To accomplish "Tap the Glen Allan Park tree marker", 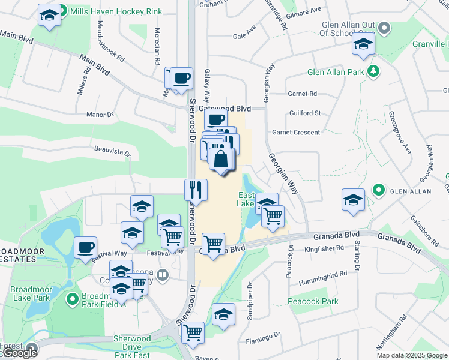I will pyautogui.click(x=373, y=72).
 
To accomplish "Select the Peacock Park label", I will pyautogui.click(x=312, y=301).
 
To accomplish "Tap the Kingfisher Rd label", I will pyautogui.click(x=324, y=247).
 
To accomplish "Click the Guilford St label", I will pyautogui.click(x=305, y=113).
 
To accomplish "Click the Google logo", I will pyautogui.click(x=19, y=353).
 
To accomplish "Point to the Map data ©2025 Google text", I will pyautogui.click(x=412, y=355).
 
